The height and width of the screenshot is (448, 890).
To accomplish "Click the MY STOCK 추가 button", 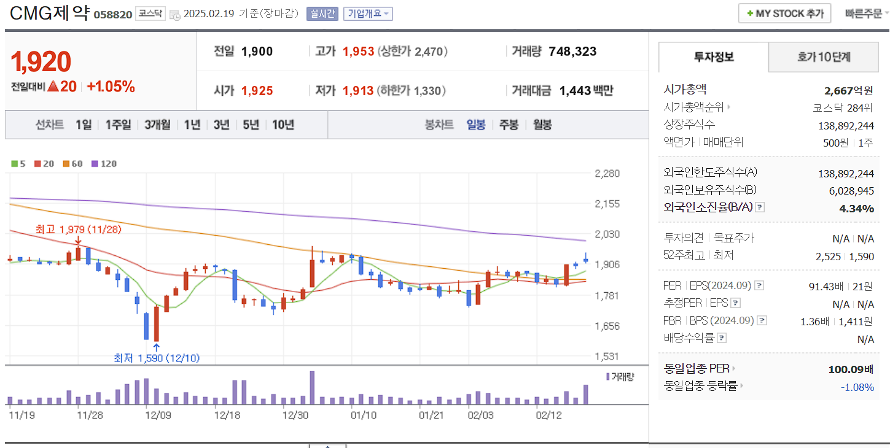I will tap(784, 14).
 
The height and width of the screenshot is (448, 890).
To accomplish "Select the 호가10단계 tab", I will tap(824, 57).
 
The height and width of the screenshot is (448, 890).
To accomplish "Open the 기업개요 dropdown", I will tap(367, 14).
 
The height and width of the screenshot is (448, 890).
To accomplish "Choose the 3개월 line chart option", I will tap(157, 125).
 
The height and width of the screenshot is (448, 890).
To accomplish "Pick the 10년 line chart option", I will tap(283, 125).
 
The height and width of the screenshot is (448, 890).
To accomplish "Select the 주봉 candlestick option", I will tap(509, 125).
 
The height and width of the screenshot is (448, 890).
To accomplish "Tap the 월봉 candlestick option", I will tap(542, 125).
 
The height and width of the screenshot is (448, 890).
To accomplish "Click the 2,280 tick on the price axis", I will tap(607, 173).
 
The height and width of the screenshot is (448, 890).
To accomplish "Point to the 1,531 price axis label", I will tap(607, 357).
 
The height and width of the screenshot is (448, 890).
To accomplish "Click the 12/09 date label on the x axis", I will tap(158, 415).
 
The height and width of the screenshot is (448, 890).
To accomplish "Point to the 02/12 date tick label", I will tap(548, 415).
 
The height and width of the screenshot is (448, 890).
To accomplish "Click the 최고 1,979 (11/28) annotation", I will tap(79, 230).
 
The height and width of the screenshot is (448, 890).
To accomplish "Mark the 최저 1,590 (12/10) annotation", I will tap(157, 358).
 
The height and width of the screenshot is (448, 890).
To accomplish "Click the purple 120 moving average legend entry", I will tap(104, 164).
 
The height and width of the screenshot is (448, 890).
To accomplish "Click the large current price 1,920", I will tap(41, 61).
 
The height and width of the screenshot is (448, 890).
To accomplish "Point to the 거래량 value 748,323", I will tap(572, 52).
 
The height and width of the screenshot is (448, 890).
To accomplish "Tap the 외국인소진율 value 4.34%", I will tap(856, 208).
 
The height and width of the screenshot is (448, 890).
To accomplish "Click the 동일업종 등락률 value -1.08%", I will tap(857, 387).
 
